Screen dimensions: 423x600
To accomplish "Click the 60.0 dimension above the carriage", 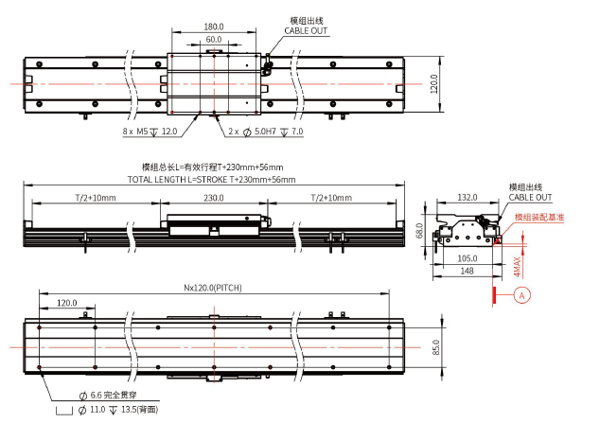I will coord(214,40).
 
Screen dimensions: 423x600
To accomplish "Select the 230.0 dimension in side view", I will coord(214,198).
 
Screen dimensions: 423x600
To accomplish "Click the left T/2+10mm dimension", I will coord(96,198).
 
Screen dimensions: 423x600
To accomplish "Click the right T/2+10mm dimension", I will coord(331,198).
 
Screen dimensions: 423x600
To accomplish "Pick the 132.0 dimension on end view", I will coord(466,199).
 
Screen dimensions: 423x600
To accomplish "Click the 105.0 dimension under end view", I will coord(467,257).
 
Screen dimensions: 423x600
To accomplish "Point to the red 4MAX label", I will coord(517,267).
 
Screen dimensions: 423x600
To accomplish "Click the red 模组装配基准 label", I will coord(538,217).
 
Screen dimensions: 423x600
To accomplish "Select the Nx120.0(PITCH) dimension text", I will coord(214,288).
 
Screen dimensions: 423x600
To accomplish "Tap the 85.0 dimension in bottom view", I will coord(436,346).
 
